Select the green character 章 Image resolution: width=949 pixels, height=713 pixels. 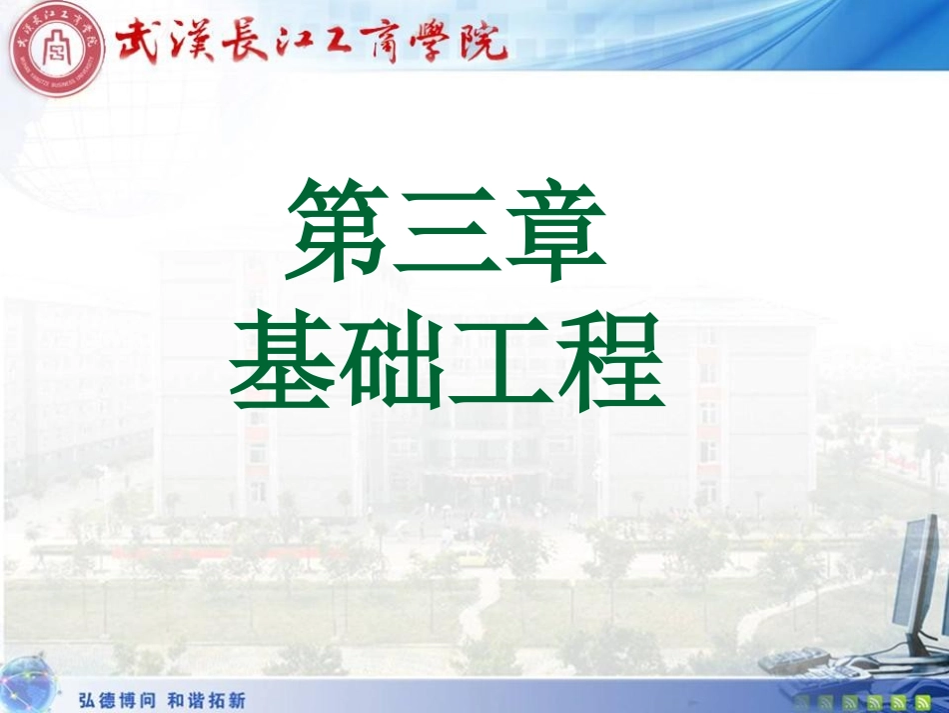click(555, 230)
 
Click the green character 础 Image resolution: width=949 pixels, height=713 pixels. click(394, 362)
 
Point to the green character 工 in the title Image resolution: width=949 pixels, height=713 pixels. click(502, 362)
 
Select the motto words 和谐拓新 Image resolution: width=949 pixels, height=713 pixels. click(205, 700)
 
